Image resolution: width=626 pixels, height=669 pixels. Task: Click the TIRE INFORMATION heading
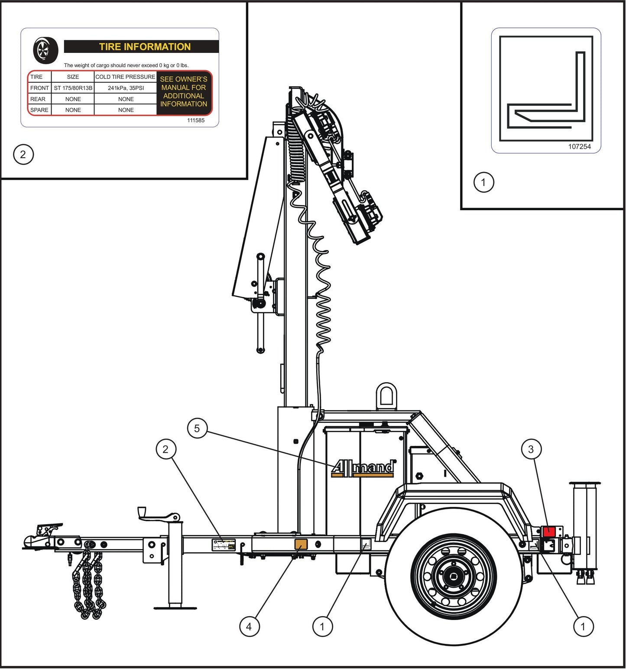point(144,47)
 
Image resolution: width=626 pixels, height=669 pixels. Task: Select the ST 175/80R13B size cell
point(73,88)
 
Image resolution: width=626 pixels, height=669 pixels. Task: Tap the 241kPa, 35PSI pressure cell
point(126,88)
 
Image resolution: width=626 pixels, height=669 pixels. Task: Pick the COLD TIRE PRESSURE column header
point(125,77)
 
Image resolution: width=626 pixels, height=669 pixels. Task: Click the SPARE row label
point(39,110)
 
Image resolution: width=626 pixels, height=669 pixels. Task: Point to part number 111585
point(196,120)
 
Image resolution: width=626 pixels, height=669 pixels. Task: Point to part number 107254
point(579,147)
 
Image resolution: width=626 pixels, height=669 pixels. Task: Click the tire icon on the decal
point(45,50)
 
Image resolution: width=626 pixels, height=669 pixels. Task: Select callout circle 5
point(197,429)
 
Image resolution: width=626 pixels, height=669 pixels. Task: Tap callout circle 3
point(531,449)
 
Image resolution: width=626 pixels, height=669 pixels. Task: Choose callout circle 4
point(249,627)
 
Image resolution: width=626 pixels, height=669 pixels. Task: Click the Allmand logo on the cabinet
point(363,468)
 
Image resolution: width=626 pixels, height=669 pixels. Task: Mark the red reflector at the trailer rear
point(549,531)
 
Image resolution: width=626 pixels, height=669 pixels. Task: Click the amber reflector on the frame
point(301,544)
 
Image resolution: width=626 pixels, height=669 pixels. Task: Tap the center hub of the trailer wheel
point(453,577)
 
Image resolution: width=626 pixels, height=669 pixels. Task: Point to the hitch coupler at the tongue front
point(41,537)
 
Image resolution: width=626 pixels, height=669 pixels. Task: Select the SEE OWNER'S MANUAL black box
point(184,92)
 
